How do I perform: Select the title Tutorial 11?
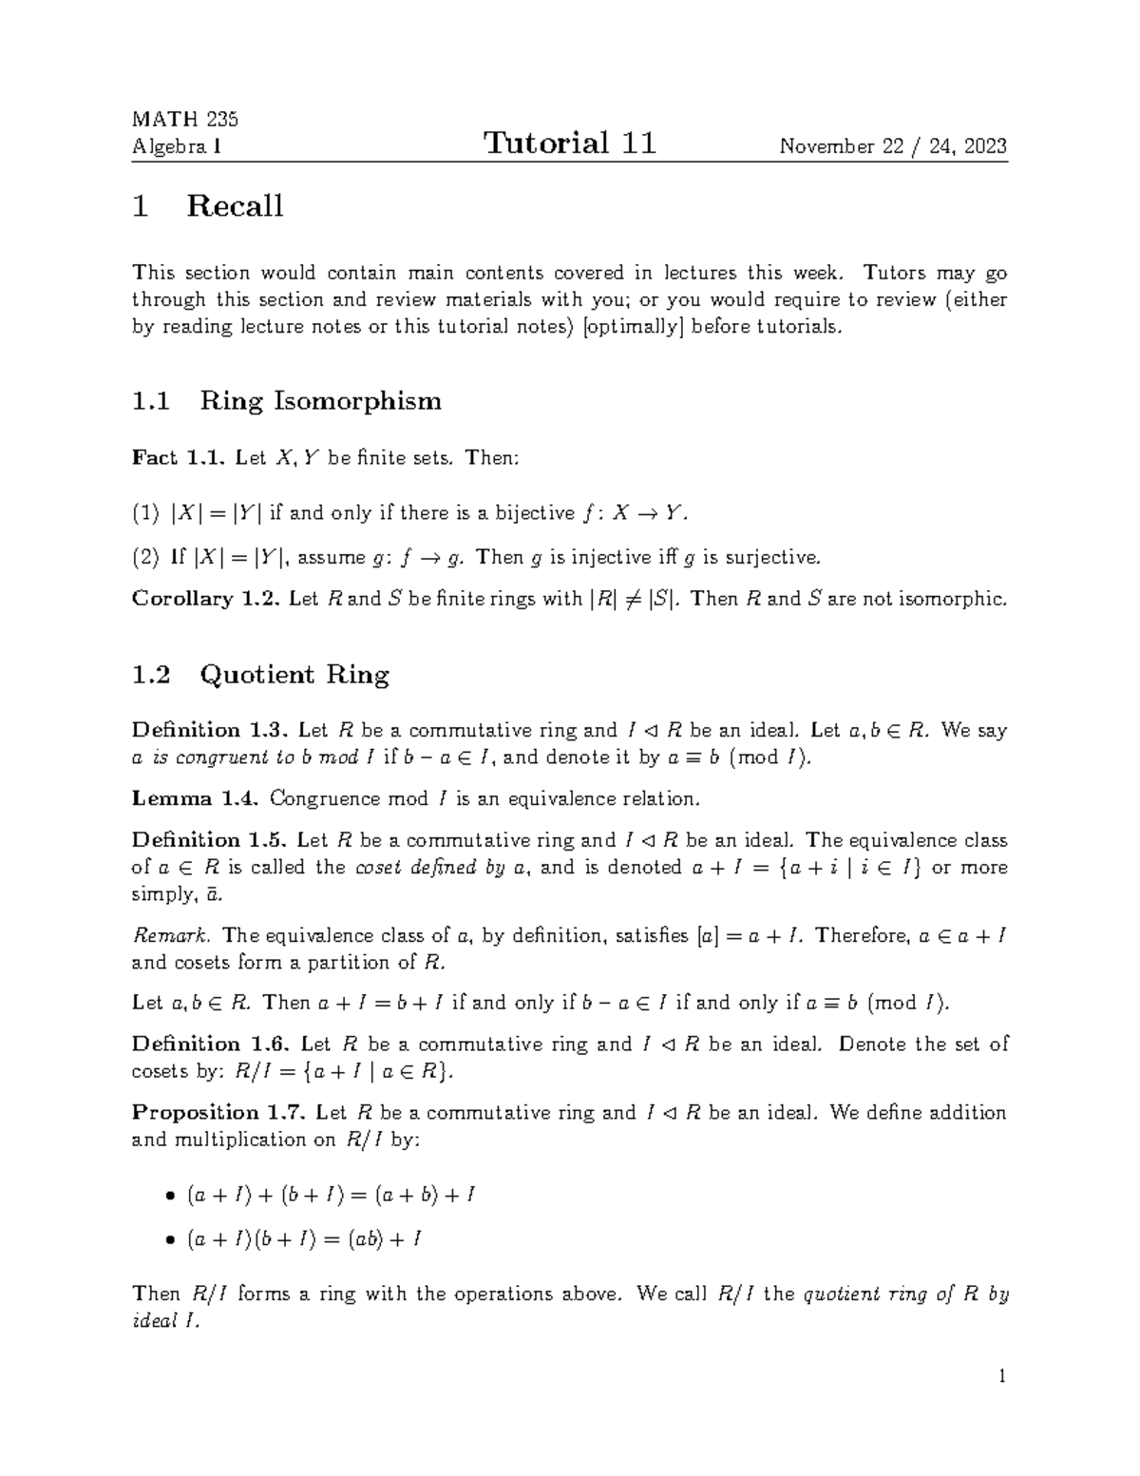pyautogui.click(x=569, y=144)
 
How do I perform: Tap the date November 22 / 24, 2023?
pyautogui.click(x=893, y=146)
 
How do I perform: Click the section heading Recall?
pyautogui.click(x=235, y=206)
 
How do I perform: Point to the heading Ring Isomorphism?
pyautogui.click(x=320, y=401)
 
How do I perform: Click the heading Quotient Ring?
pyautogui.click(x=294, y=675)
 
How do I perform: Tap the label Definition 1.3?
pyautogui.click(x=209, y=730)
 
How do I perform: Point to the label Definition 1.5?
pyautogui.click(x=209, y=840)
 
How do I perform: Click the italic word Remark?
pyautogui.click(x=159, y=936)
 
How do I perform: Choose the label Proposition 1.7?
pyautogui.click(x=218, y=1113)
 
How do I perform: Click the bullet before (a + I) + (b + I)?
pyautogui.click(x=170, y=1196)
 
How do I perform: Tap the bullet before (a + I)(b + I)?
pyautogui.click(x=170, y=1240)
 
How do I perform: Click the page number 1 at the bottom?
pyautogui.click(x=1001, y=1377)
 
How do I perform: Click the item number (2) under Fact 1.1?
pyautogui.click(x=144, y=557)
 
